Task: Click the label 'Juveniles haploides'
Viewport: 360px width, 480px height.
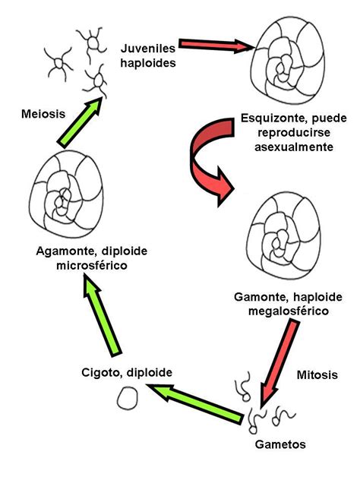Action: (148, 55)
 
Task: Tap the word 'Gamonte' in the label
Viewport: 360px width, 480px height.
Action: (261, 295)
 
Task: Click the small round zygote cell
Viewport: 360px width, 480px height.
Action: (127, 396)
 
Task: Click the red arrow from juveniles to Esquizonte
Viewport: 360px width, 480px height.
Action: (215, 46)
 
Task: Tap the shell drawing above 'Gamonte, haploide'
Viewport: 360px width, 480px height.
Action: (289, 235)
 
